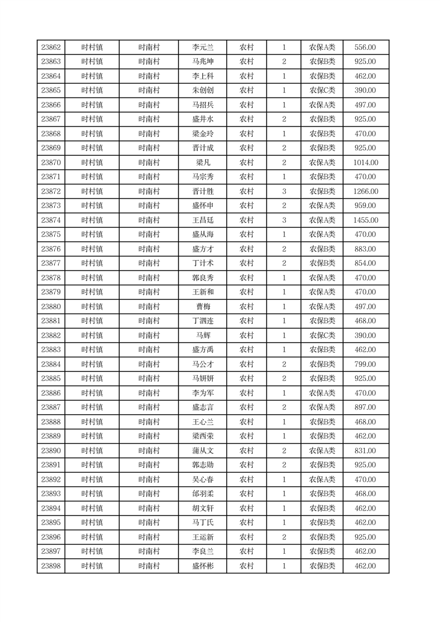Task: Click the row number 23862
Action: pyautogui.click(x=51, y=48)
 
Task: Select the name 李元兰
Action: pyautogui.click(x=202, y=48)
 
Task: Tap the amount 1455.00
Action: pyautogui.click(x=365, y=220)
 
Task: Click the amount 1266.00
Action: pyautogui.click(x=365, y=191)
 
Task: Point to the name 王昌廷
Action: pyautogui.click(x=202, y=220)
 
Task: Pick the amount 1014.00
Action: pyautogui.click(x=365, y=162)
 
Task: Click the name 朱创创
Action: pyautogui.click(x=202, y=90)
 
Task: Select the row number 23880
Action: pyautogui.click(x=51, y=307)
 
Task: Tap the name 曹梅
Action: pyautogui.click(x=202, y=307)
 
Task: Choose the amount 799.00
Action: pyautogui.click(x=365, y=364)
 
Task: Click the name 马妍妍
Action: pyautogui.click(x=202, y=379)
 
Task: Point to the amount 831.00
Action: pyautogui.click(x=365, y=451)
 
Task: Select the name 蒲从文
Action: pyautogui.click(x=202, y=451)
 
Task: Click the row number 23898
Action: pyautogui.click(x=51, y=566)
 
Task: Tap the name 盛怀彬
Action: pyautogui.click(x=202, y=566)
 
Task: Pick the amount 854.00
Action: pyautogui.click(x=365, y=263)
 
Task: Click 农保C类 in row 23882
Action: pyautogui.click(x=322, y=335)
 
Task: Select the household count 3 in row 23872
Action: pyautogui.click(x=284, y=191)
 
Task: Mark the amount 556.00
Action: pyautogui.click(x=365, y=48)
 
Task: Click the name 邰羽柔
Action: pyautogui.click(x=202, y=494)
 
